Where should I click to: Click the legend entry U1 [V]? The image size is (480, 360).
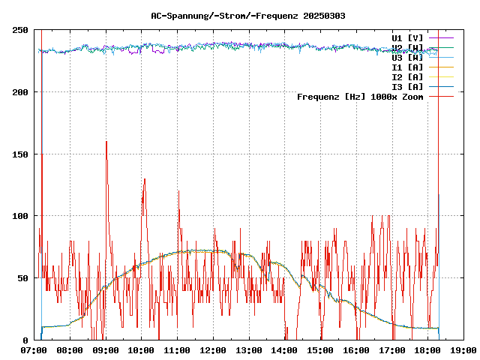point(408,37)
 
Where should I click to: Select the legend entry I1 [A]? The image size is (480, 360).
point(408,67)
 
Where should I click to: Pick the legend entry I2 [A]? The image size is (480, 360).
point(408,76)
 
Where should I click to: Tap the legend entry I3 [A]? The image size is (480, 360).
point(408,86)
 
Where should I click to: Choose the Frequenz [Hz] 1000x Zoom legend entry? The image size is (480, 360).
point(360,96)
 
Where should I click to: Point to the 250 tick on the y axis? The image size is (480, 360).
point(19,30)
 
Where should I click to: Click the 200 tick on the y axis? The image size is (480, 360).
point(19,92)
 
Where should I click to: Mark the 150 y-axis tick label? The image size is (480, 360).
point(19,154)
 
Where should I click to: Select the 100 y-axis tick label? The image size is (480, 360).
point(19,216)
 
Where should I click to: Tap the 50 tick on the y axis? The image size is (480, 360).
point(22,277)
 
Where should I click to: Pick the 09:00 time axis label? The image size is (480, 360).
point(106,350)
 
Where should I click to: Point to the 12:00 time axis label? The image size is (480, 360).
point(213,350)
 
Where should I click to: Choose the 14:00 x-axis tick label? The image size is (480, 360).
point(284,350)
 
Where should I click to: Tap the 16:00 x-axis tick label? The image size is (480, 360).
point(356,350)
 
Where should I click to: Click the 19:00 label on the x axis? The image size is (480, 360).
point(463,350)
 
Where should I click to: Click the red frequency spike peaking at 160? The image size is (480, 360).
point(106,142)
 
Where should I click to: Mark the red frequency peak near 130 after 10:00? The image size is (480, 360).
point(144,180)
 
